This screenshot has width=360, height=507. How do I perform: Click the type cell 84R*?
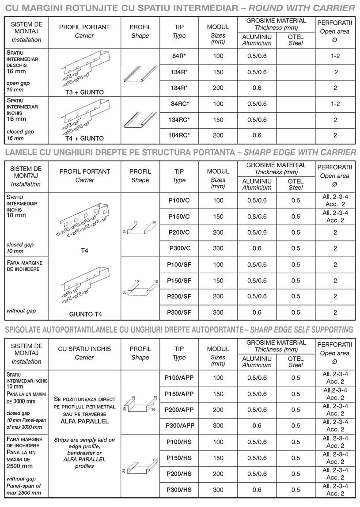pos(179,56)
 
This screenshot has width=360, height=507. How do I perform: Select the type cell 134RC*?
pos(179,120)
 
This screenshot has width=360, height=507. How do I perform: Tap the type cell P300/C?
pos(179,248)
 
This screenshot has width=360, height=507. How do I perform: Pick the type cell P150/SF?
pos(179,281)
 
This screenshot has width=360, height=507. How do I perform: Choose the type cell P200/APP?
pos(179,410)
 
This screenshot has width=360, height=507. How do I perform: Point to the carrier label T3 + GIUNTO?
pos(84,92)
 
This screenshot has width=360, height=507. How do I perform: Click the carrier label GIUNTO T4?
pos(86,314)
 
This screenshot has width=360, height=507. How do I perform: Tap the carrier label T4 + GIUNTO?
pos(84,138)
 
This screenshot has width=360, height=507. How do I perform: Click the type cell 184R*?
pos(179,88)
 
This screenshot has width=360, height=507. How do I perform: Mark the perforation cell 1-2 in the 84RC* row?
pos(335,104)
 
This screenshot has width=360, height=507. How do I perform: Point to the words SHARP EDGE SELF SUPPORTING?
pos(302,330)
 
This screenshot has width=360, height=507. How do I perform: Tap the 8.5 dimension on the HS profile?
pos(155,460)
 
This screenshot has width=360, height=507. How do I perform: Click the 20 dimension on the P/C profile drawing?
pos(154,222)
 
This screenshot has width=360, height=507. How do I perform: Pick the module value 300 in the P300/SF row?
pos(218,313)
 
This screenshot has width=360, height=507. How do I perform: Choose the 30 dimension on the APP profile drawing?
pos(153,409)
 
